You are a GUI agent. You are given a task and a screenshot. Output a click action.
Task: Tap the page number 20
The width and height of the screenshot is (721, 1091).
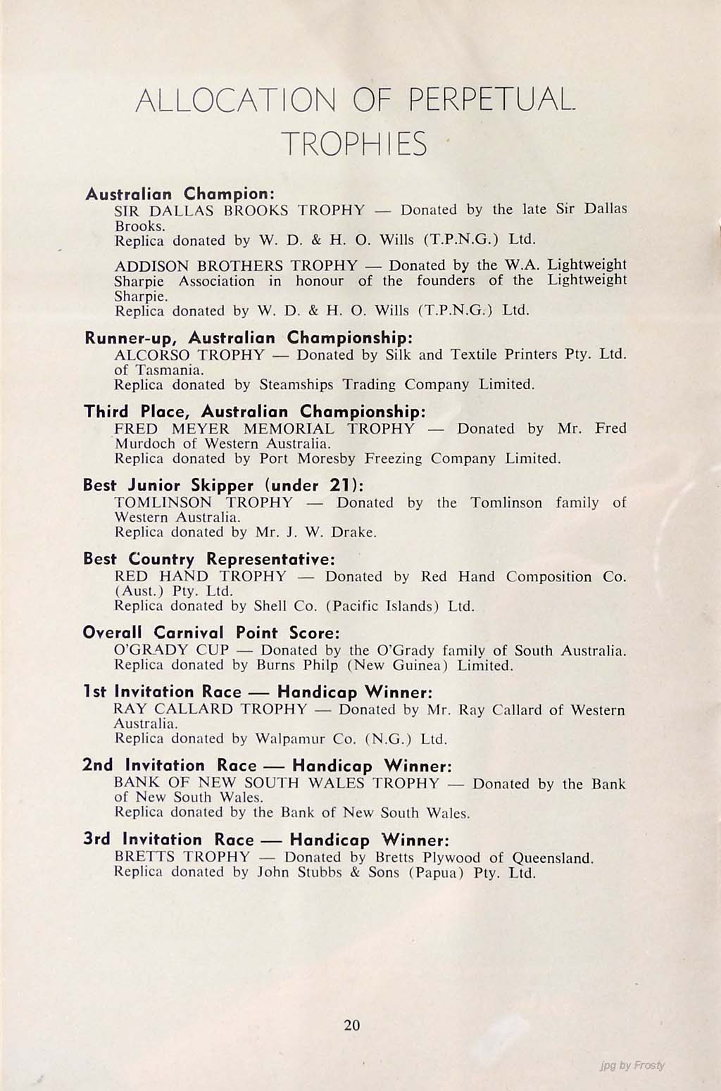click(x=352, y=1025)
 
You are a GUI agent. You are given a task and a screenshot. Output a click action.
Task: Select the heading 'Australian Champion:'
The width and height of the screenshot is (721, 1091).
click(x=179, y=193)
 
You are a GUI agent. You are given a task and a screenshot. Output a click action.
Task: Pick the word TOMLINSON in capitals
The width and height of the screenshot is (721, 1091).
click(x=163, y=503)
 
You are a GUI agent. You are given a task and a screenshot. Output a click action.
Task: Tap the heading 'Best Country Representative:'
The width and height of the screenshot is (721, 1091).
click(x=209, y=560)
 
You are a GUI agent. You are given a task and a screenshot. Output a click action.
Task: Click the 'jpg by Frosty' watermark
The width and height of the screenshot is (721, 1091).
click(x=630, y=1065)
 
